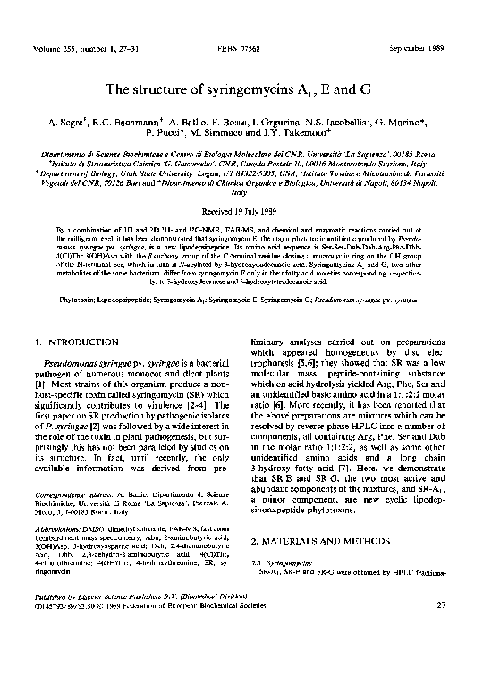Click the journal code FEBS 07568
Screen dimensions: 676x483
pos(241,45)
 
